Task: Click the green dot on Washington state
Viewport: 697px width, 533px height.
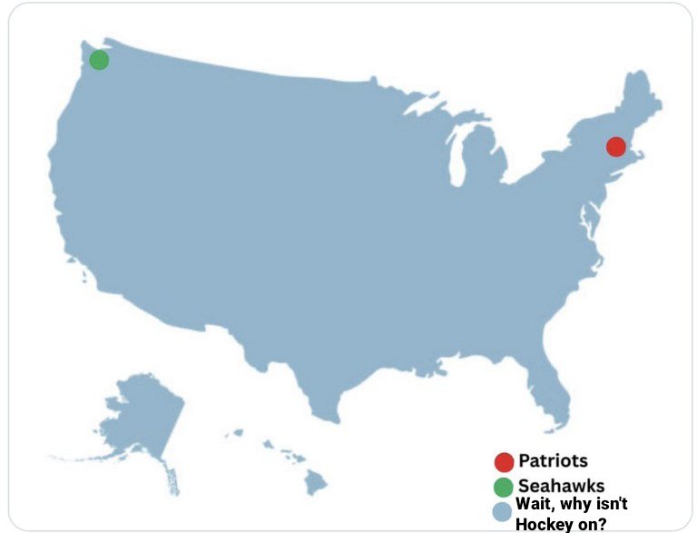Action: (x=99, y=60)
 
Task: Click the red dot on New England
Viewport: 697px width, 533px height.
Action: (x=616, y=146)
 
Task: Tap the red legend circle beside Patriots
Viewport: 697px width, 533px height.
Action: (x=504, y=461)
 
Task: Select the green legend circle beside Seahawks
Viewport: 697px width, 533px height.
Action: (x=504, y=486)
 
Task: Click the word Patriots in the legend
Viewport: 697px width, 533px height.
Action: (x=553, y=461)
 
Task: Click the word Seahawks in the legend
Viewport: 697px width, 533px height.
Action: (x=561, y=486)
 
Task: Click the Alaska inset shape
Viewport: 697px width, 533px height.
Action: (x=136, y=418)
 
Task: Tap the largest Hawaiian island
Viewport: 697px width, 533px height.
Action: (x=314, y=481)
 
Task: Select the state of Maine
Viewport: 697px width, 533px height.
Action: (x=640, y=100)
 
